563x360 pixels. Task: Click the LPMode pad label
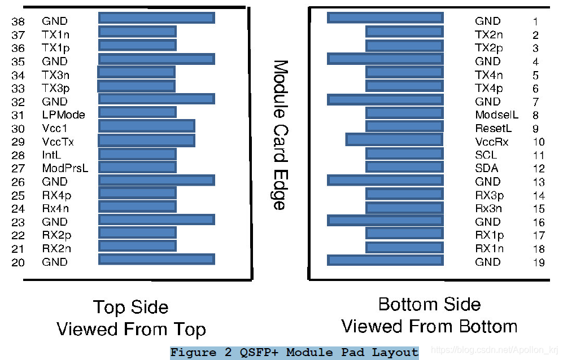point(63,115)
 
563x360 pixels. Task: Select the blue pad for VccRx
point(394,139)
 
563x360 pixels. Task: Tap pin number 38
point(18,21)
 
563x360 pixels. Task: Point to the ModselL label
point(496,115)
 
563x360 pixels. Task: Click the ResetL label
point(493,129)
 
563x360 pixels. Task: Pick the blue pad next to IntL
point(137,154)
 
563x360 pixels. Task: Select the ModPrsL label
point(65,168)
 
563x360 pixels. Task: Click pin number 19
point(538,262)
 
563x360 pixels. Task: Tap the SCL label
point(486,155)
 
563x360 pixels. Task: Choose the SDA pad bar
point(404,167)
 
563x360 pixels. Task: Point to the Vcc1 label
point(55,129)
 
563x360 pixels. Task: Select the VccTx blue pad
point(147,141)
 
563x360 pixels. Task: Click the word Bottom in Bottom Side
point(408,305)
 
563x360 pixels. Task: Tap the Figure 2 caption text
point(294,353)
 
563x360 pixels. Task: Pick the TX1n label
point(56,35)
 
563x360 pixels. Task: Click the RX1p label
point(489,235)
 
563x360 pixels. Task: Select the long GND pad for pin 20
point(156,260)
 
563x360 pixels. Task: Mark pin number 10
point(538,142)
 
